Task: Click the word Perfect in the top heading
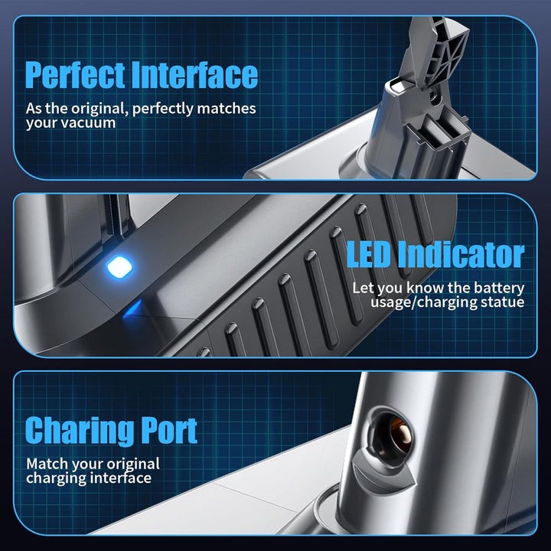tap(75, 75)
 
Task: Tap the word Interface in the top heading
tap(194, 74)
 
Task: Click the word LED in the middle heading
tap(368, 254)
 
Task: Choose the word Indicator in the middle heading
tap(461, 254)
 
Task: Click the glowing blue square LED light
tap(119, 267)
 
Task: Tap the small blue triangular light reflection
tap(133, 309)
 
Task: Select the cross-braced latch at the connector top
tap(439, 53)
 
